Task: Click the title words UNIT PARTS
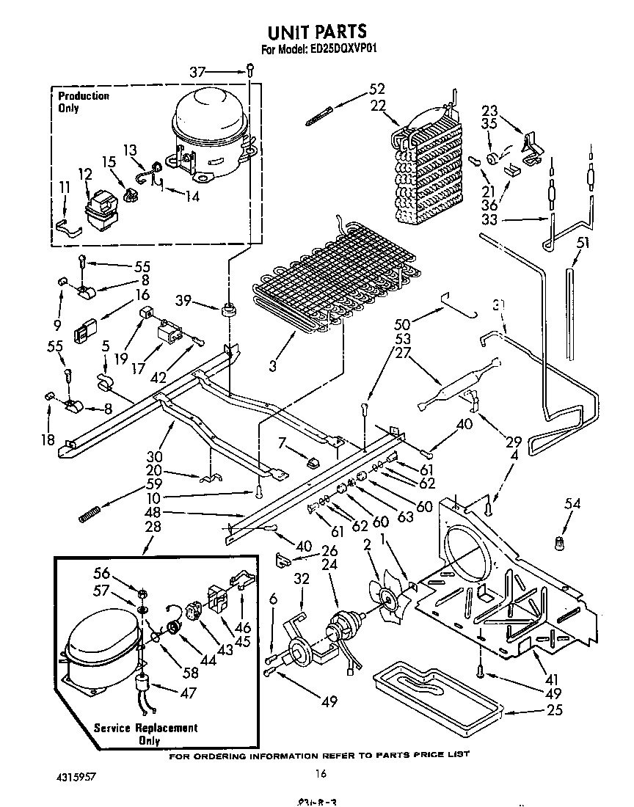point(317,32)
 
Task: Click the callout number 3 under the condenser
point(272,365)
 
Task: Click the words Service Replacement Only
point(145,734)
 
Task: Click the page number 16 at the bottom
point(320,773)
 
